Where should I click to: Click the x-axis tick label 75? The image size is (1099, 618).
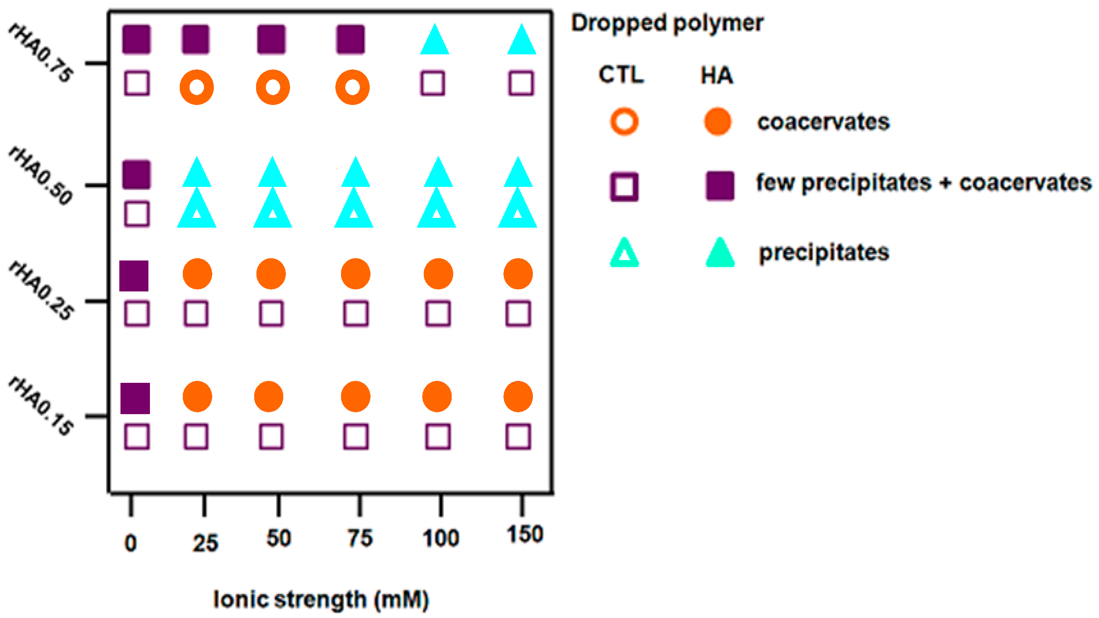coord(360,538)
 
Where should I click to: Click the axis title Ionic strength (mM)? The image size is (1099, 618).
coord(321,599)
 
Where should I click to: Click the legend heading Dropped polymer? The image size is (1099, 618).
coord(667,23)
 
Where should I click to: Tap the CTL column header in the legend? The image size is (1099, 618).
coord(621,75)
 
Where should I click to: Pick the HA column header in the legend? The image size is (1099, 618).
coord(716,76)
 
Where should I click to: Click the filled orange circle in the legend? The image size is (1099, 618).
coord(718,122)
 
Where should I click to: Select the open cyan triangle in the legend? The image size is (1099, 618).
coord(624,253)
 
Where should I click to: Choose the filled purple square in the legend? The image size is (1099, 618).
coord(720,186)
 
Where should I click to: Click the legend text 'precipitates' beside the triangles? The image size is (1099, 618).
coord(823,253)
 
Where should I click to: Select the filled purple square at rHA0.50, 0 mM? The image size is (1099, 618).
coord(136,174)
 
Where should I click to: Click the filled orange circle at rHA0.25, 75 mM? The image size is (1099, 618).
coord(355,274)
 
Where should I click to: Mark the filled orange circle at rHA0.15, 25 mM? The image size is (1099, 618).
coord(197,397)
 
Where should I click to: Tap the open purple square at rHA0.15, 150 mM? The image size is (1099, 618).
coord(518,436)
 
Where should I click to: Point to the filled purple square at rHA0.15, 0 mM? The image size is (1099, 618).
coord(135,398)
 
